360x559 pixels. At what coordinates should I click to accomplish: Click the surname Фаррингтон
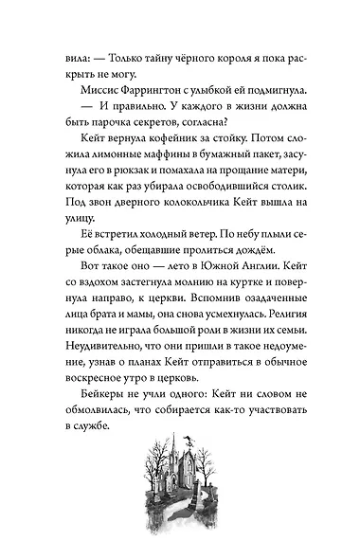[144, 88]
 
